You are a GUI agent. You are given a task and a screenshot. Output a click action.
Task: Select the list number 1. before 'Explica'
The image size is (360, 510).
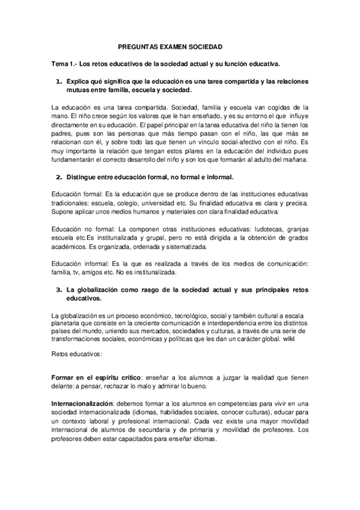tap(59, 80)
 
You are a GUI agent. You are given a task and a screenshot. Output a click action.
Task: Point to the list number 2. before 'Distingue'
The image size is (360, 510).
tap(59, 178)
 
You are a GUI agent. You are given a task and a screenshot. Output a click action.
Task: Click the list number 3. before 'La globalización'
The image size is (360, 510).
tap(59, 289)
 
